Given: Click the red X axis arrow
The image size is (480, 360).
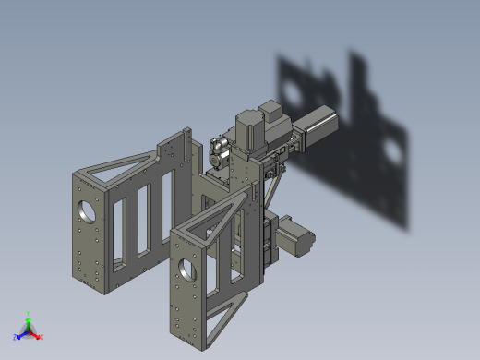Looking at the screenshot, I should click(x=38, y=336).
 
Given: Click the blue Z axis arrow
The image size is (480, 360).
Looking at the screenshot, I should click(x=18, y=336).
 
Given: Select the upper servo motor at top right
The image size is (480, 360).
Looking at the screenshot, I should click(x=316, y=127).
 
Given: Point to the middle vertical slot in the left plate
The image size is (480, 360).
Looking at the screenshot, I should click(x=143, y=222).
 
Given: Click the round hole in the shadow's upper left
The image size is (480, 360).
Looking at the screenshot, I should click(x=294, y=92).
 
